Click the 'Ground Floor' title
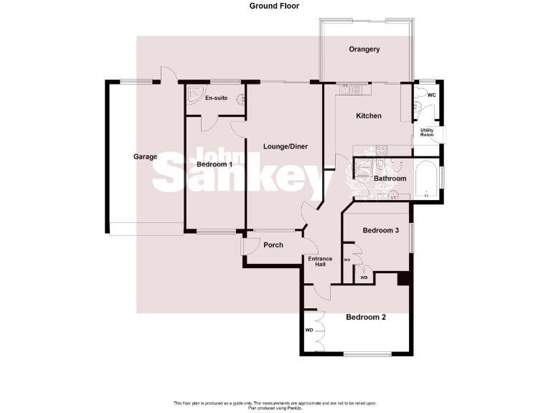click(x=275, y=6)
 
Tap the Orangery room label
click(x=364, y=49)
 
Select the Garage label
click(x=145, y=156)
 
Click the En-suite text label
click(x=216, y=98)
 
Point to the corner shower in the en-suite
click(x=194, y=94)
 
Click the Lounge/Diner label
click(x=286, y=146)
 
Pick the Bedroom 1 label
click(x=215, y=164)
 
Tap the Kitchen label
click(x=369, y=116)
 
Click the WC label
click(x=432, y=95)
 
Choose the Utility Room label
click(x=428, y=132)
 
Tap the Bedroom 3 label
click(x=380, y=230)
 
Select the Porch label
click(x=273, y=245)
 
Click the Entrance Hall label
click(x=320, y=261)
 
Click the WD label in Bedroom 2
click(x=309, y=331)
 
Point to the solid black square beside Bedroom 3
click(x=402, y=279)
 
